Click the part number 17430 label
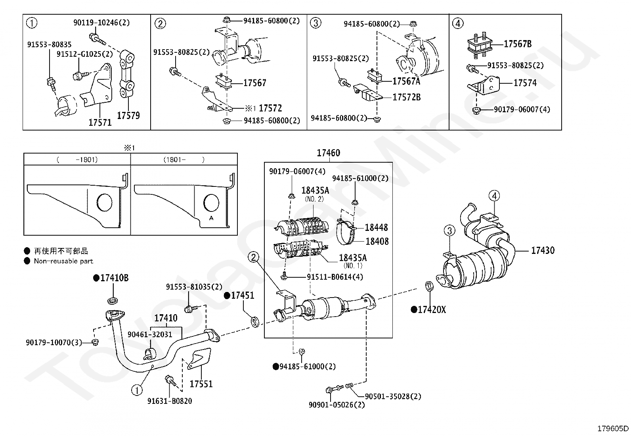pos(543,250)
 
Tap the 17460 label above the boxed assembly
pos(329,153)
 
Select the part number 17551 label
pos(201,384)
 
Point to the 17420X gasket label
pos(432,310)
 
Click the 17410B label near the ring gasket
pos(115,278)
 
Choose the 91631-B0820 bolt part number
pos(170,401)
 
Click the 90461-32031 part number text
pos(149,334)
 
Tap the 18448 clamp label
pos(377,227)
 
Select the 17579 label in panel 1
pos(128,115)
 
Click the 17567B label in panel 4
pos(518,44)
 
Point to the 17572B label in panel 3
pos(407,97)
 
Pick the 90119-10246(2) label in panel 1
pos(101,23)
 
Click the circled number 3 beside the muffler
pos(449,230)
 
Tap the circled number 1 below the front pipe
pos(137,390)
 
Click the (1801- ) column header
pos(184,160)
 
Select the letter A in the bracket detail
pos(211,218)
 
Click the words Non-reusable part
pos(63,261)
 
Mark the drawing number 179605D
pos(613,429)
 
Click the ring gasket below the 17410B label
pos(113,300)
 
